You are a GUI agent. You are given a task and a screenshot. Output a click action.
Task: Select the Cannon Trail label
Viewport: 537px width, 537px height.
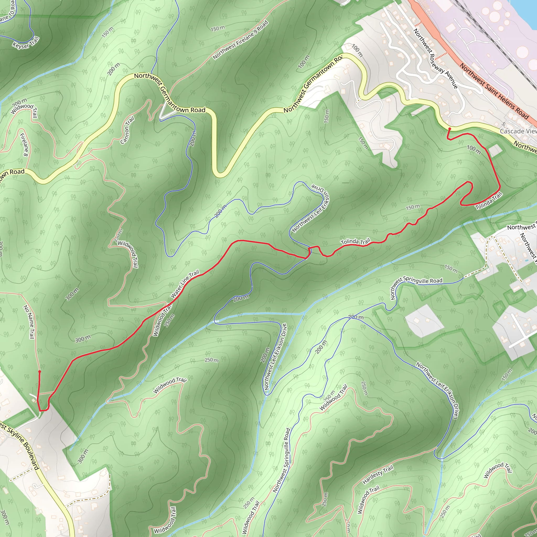[127, 130]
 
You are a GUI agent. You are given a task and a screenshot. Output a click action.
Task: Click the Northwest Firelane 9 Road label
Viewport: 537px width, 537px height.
[240, 40]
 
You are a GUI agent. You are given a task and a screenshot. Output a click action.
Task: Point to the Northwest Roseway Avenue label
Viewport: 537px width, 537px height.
[436, 59]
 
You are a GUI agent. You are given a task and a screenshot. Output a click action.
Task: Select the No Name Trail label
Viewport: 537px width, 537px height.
[29, 322]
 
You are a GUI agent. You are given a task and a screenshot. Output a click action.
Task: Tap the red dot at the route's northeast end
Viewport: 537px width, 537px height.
[449, 129]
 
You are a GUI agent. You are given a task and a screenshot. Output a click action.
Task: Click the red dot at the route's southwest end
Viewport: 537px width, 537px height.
[40, 371]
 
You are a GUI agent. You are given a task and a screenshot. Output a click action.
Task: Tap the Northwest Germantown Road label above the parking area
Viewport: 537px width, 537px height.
[170, 93]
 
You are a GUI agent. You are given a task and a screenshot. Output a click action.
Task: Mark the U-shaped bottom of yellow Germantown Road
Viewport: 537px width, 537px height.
[221, 175]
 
